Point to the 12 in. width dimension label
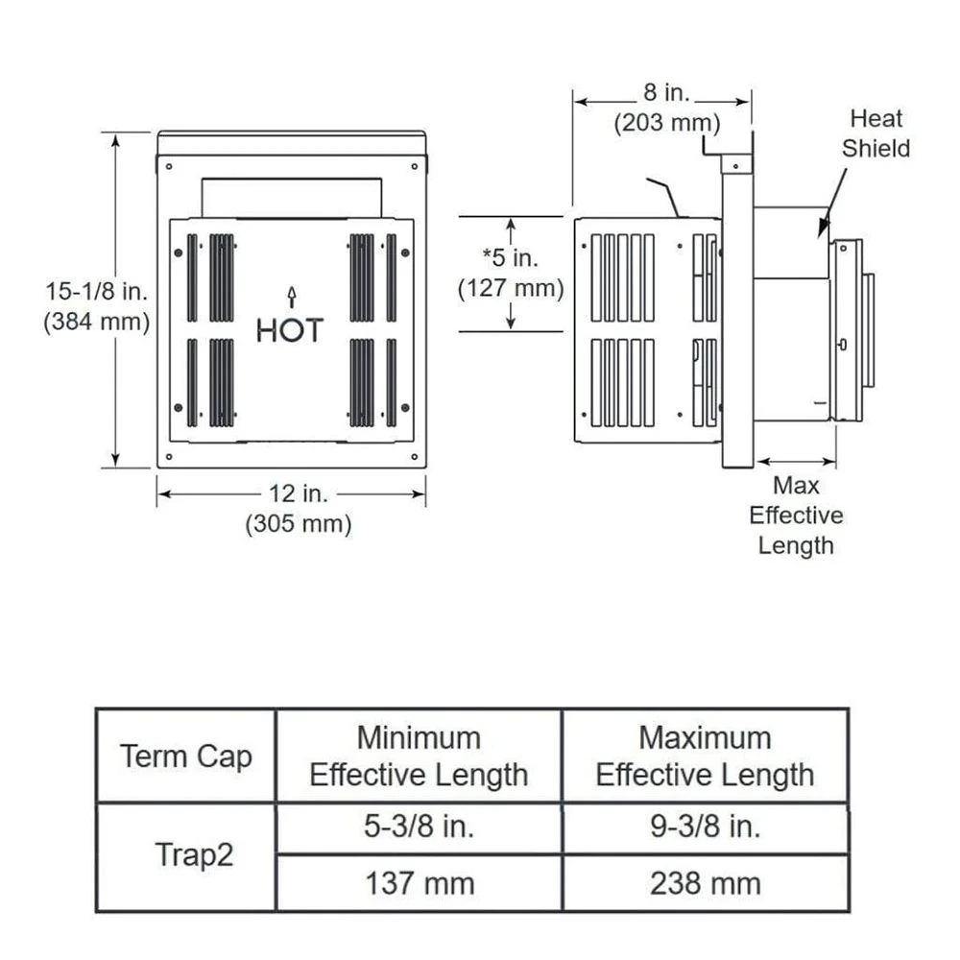click(x=298, y=493)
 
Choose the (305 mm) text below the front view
click(x=298, y=524)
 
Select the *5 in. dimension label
click(x=511, y=256)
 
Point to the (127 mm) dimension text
click(x=511, y=287)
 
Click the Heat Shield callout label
click(x=876, y=133)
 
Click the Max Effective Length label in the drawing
click(x=796, y=516)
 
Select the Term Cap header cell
click(x=186, y=756)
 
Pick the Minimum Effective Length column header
click(x=419, y=756)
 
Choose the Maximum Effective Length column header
click(x=705, y=756)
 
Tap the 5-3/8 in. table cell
click(x=419, y=828)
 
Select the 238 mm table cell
click(x=705, y=883)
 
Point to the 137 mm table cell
click(x=419, y=883)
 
